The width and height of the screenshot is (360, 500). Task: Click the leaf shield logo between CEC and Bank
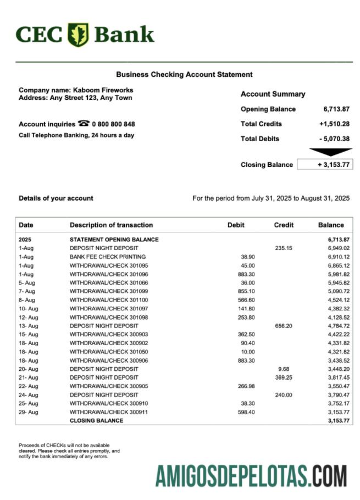tap(78, 35)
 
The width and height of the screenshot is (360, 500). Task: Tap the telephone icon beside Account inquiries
tap(84, 124)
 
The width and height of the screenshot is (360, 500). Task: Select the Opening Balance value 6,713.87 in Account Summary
tap(336, 109)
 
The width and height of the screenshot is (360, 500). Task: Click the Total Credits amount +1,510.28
tap(334, 124)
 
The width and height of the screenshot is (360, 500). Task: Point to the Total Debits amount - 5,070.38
tap(334, 139)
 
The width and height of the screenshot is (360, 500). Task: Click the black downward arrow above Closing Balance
tap(330, 152)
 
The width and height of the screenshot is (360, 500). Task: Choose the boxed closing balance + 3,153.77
tap(324, 165)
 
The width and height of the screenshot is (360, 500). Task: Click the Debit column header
tap(236, 225)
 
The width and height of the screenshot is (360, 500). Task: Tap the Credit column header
tap(284, 225)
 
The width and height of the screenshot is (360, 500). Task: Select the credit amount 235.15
tap(284, 248)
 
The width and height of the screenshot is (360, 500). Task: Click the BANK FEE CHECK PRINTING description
tap(108, 257)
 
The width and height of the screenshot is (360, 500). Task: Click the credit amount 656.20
tap(284, 326)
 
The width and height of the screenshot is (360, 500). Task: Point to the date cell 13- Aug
tap(29, 326)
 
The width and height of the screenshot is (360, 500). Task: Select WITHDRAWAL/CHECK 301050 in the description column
tap(109, 352)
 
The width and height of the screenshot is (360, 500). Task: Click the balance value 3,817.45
tap(336, 377)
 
